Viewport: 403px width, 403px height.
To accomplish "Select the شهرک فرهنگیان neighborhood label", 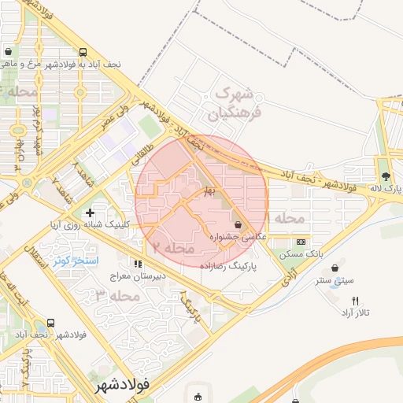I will tap(233, 104).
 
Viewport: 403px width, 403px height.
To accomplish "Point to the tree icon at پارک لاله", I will tap(385, 176).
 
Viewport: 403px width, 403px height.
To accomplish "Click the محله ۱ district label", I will tap(283, 217).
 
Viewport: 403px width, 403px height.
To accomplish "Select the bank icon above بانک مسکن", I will tap(301, 242).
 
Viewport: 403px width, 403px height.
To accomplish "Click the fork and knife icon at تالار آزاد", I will tap(356, 301).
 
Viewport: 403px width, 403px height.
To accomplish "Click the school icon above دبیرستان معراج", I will tap(139, 264).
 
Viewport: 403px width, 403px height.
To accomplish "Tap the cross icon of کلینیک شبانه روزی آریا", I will tap(90, 213).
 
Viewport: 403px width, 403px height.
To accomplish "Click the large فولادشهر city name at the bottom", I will tap(125, 386).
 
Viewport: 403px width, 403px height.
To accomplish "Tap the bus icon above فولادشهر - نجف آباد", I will tap(51, 324).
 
